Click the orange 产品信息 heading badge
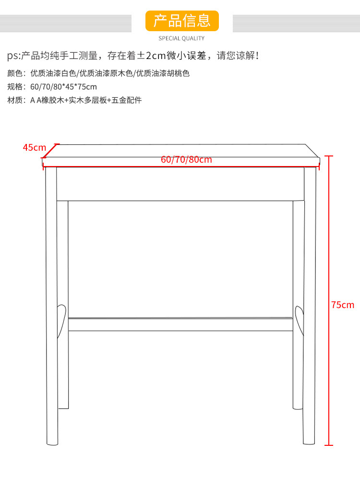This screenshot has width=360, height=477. pos(181,21)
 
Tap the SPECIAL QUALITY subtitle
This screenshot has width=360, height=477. pos(181,38)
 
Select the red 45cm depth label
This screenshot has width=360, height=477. pos(34,147)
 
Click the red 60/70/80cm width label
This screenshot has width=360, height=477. pos(186,159)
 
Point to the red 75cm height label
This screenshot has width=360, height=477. pos(343,305)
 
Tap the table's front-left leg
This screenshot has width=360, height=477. pos(51,307)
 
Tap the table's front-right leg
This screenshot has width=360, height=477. pos(310,307)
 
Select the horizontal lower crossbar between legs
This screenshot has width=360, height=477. pos(180,324)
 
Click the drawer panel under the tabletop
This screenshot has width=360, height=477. pos(180,183)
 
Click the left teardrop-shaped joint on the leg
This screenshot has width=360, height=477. pos(61,320)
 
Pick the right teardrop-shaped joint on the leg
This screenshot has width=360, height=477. pos(299,320)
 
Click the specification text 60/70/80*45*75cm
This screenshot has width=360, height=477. pos(63,87)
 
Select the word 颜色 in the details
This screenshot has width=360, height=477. pos(14,73)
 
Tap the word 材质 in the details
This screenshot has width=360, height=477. pos(14,100)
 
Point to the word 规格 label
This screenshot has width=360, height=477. pos(14,87)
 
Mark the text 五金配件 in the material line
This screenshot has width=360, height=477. pos(127,100)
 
